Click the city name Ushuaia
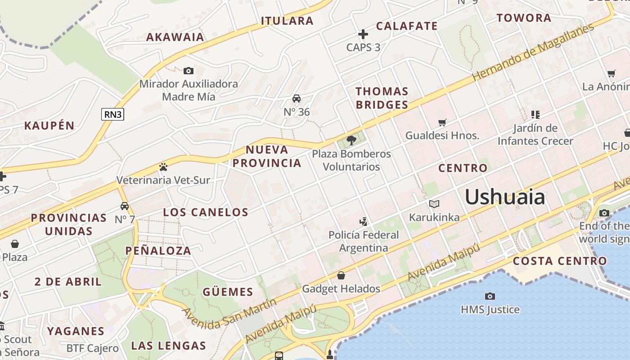point(504,197)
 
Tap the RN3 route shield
point(112,114)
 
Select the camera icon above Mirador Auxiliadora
point(189,71)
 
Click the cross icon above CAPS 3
point(363,34)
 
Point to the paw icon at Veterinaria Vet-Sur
point(163,167)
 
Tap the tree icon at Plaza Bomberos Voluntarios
point(351,140)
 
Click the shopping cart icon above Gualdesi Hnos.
point(442,122)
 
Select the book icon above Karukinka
point(434,204)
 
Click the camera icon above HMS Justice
point(490,296)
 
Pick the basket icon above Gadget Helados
point(341,275)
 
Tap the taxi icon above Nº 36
point(297,99)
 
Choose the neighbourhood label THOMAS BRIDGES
point(382,98)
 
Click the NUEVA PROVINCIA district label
point(267,156)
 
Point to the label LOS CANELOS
point(206,212)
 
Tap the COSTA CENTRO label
point(560,261)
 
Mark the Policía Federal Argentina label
point(364,241)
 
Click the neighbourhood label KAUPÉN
point(49,126)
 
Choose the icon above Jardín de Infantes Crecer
point(535,115)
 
